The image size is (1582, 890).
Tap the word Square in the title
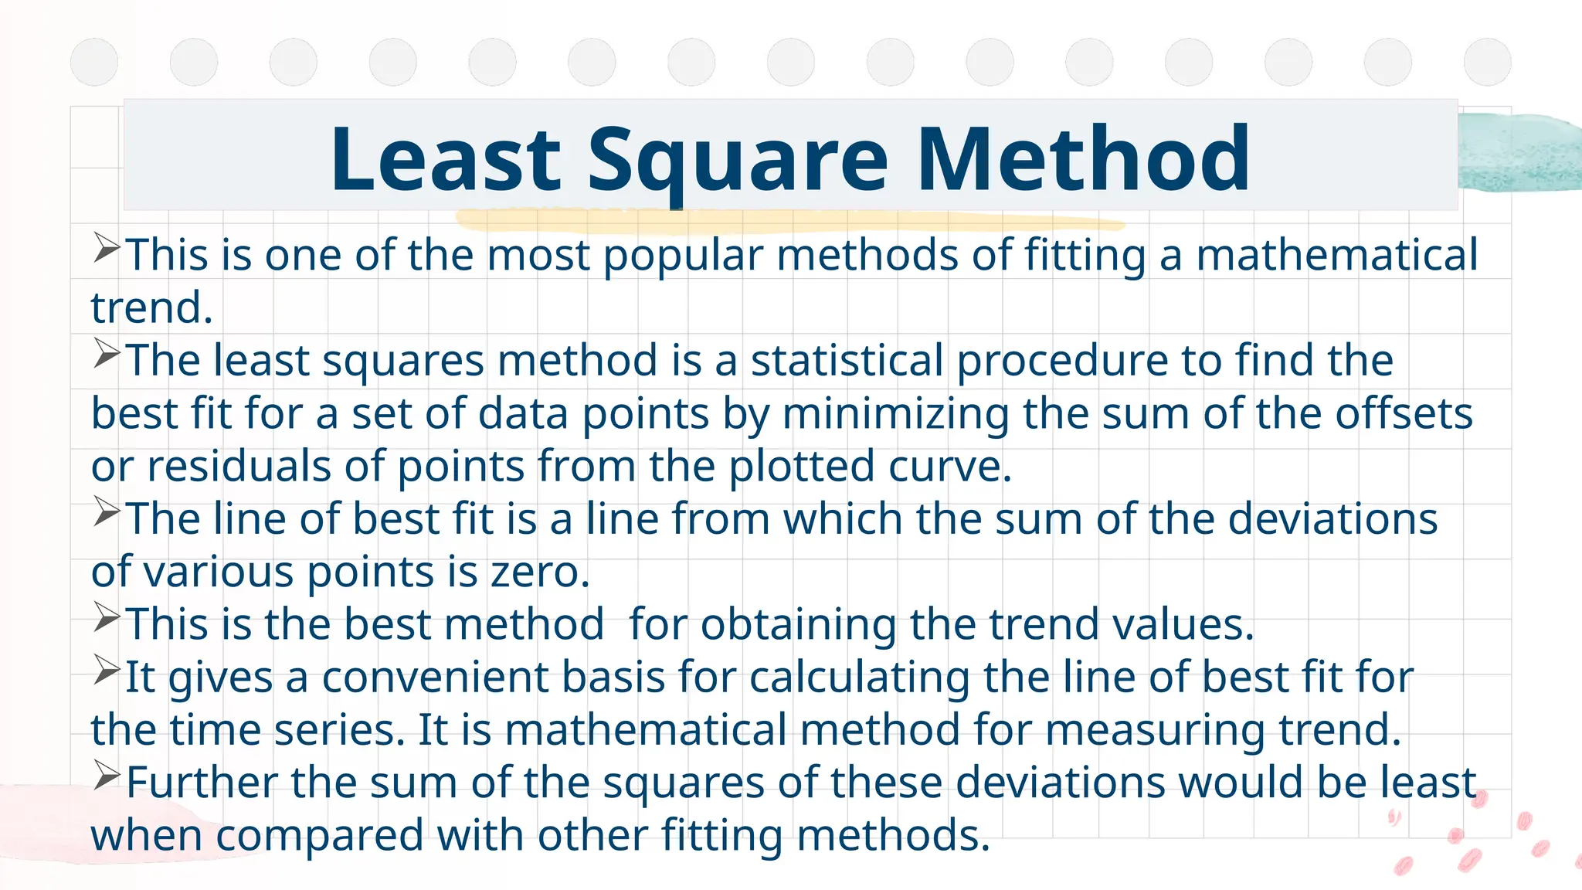click(x=738, y=161)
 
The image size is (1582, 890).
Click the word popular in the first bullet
click(x=683, y=256)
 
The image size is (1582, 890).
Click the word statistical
click(x=847, y=361)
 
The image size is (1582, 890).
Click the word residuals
click(x=239, y=467)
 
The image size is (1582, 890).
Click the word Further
click(x=202, y=783)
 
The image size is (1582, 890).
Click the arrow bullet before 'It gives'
click(x=107, y=669)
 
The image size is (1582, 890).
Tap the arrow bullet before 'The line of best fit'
click(x=107, y=511)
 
